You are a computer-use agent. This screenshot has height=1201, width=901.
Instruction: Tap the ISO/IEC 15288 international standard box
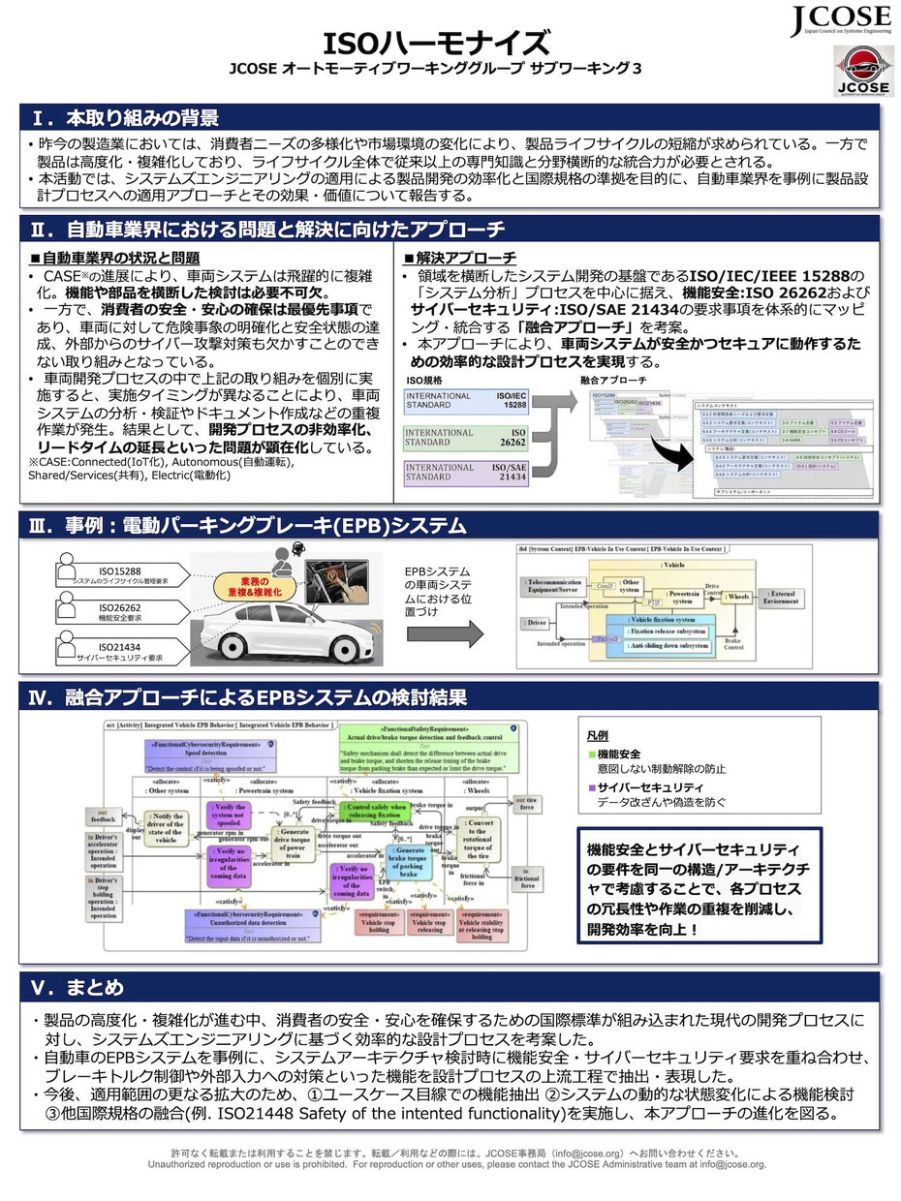[x=467, y=402]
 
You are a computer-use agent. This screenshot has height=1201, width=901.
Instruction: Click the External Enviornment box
[x=782, y=598]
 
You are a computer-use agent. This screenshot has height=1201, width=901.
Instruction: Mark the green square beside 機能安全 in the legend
[x=592, y=754]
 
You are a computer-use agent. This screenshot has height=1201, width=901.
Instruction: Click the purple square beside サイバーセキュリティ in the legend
[x=592, y=789]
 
